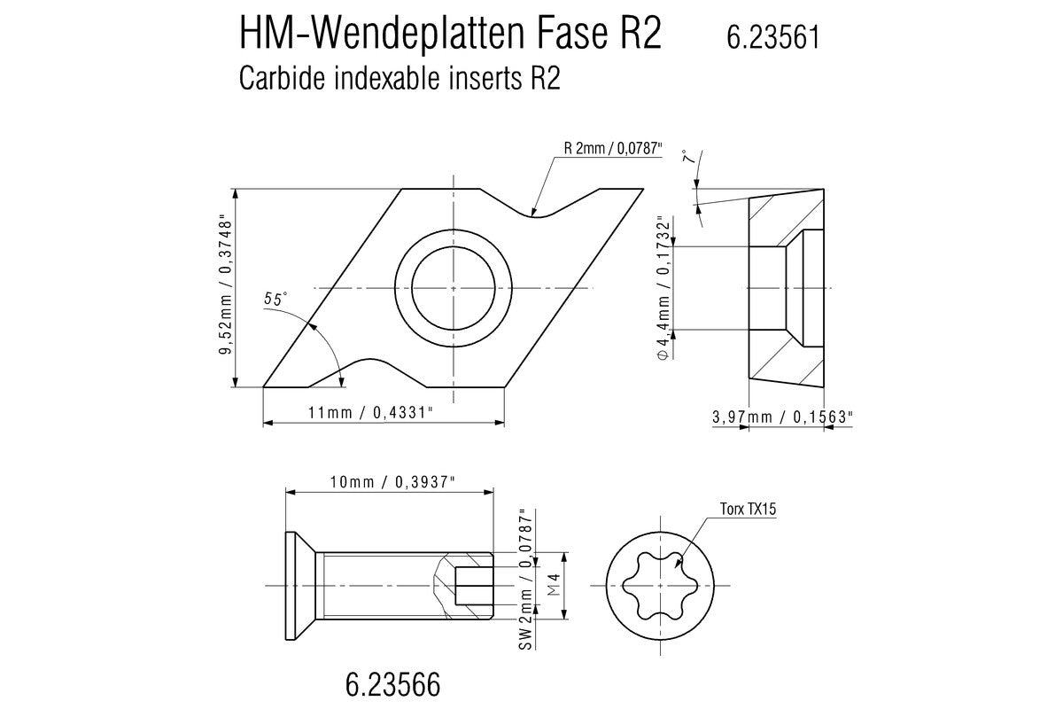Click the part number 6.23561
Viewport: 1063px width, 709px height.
click(x=773, y=37)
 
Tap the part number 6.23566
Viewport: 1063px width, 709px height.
click(x=393, y=685)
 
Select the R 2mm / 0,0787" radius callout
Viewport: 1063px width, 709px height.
click(x=613, y=149)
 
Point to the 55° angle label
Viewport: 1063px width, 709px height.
click(x=275, y=300)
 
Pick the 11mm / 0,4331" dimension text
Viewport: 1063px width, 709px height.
click(x=370, y=413)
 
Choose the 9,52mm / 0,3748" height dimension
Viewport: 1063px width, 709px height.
click(x=225, y=286)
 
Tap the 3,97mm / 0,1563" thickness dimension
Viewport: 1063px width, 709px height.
click(x=782, y=417)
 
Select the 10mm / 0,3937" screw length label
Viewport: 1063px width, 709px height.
click(x=392, y=482)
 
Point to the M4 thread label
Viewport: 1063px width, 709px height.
click(x=555, y=585)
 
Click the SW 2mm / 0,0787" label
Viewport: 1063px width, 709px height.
click(x=526, y=580)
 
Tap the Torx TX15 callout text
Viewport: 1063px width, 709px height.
click(x=749, y=509)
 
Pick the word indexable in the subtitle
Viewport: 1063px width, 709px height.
click(x=387, y=78)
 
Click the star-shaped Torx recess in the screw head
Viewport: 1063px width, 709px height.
click(x=660, y=586)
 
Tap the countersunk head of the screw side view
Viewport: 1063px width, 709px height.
click(x=300, y=586)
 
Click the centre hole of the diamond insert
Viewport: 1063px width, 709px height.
click(x=454, y=288)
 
